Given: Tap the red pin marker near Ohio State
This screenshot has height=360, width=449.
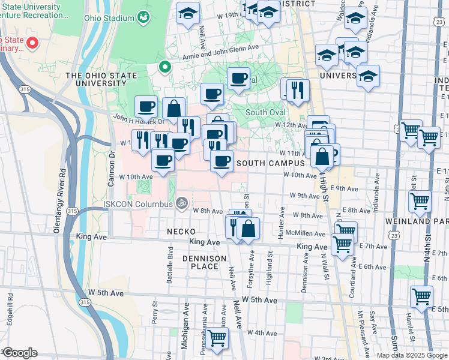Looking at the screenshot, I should pos(32,43).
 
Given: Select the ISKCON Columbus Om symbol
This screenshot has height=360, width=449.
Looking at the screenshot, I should pos(183,202).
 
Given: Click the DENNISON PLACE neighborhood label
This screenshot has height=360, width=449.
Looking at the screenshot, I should pos(205,262).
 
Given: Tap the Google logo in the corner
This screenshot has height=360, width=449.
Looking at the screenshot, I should pos(19,353).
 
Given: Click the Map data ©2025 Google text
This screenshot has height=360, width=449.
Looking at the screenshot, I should pos(412,355).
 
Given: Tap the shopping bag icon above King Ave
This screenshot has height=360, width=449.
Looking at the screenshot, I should pos(248,228).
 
